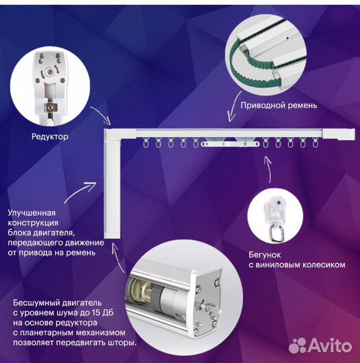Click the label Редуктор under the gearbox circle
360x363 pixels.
click(x=50, y=136)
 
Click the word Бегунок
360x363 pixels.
click(x=264, y=255)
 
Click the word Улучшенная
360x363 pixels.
click(x=32, y=212)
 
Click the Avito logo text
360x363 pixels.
click(x=330, y=346)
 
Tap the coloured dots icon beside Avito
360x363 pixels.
click(x=297, y=346)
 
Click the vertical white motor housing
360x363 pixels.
click(x=112, y=190)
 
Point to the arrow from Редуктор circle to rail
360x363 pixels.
click(x=101, y=115)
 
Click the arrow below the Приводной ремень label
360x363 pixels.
click(x=233, y=106)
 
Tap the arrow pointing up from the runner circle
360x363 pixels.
click(x=268, y=169)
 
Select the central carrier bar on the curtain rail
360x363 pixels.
click(x=230, y=145)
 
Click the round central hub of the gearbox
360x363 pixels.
click(x=49, y=72)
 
